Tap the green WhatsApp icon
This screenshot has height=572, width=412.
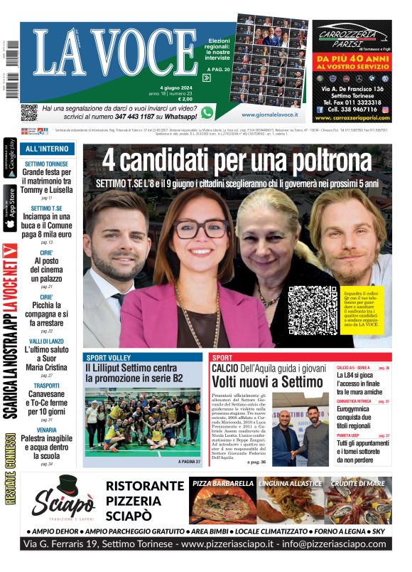click(207, 112)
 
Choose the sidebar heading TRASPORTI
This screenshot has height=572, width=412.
click(46, 386)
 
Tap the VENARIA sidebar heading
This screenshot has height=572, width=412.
click(46, 430)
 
